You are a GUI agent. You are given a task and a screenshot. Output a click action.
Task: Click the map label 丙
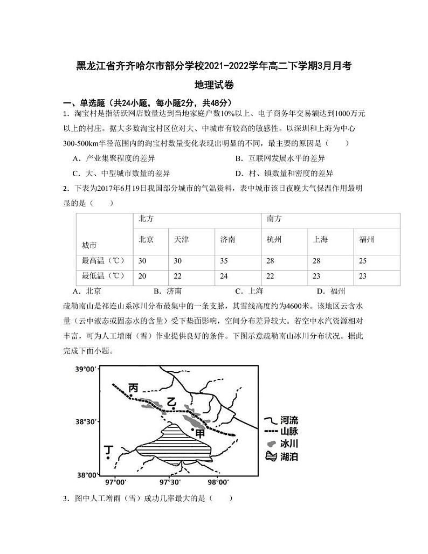(x=133, y=387)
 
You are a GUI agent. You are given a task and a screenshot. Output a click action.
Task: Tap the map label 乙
(x=171, y=401)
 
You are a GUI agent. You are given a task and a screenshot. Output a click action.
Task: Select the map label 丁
(x=109, y=449)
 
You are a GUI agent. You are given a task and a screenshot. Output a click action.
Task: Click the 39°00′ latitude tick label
(x=86, y=369)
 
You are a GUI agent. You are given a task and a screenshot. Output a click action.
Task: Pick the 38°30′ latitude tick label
(x=86, y=422)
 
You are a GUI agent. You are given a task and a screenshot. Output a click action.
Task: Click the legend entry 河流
(x=289, y=420)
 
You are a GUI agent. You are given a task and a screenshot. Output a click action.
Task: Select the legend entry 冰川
(x=289, y=444)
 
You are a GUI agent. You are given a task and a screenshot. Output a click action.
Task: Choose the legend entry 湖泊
(x=289, y=456)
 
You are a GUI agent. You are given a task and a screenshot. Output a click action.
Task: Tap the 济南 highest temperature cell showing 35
(x=225, y=261)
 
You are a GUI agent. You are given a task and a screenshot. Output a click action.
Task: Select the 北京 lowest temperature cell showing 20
(x=143, y=276)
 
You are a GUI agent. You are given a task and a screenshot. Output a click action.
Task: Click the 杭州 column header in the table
(x=274, y=239)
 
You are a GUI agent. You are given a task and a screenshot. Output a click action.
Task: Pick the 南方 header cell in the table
(x=274, y=219)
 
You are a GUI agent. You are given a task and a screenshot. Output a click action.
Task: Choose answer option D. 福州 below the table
(x=330, y=291)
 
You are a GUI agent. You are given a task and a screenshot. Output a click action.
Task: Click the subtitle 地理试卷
(x=214, y=85)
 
